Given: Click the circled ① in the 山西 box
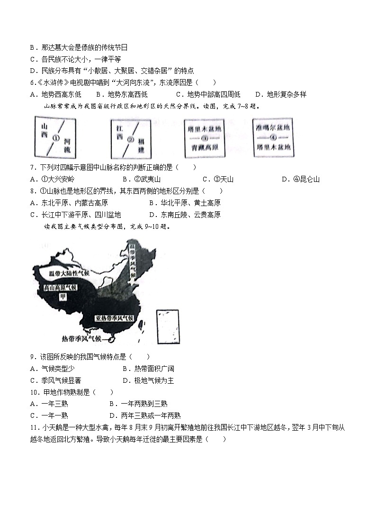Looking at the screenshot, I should click(x=56, y=139).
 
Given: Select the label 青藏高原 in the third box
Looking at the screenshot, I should click(x=204, y=147).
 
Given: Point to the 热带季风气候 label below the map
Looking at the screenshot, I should click(x=81, y=338).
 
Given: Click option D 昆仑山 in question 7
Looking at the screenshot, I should click(x=300, y=179).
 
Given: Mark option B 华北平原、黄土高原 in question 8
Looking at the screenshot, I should click(x=184, y=203).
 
